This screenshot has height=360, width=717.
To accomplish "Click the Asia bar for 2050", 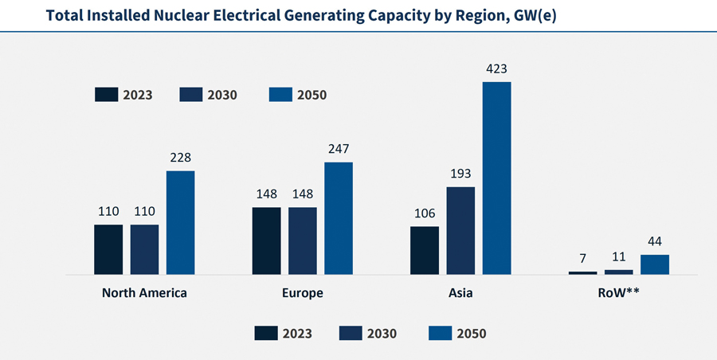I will (496, 178).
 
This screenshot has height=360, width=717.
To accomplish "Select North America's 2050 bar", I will (180, 223).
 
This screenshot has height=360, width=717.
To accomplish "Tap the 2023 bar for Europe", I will (266, 241).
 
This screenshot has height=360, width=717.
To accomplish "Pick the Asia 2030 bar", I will (460, 231).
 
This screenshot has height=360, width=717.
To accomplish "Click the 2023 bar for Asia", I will (425, 250).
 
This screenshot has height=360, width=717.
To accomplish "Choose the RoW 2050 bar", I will (655, 264).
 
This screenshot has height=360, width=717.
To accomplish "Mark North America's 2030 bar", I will (144, 249).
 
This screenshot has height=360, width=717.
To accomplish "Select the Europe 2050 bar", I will (338, 218).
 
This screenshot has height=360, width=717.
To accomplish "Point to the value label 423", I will (496, 68).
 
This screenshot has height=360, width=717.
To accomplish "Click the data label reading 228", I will (180, 158).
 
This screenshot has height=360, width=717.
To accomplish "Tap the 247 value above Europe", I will (338, 149).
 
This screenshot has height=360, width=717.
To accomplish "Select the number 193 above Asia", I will (460, 174).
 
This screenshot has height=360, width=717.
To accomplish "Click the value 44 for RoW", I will (655, 241).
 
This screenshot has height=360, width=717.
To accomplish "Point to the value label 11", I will (618, 256).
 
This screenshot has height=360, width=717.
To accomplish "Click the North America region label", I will (144, 292).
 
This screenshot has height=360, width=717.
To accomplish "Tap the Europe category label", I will (303, 292).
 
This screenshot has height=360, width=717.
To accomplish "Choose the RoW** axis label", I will (618, 292).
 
